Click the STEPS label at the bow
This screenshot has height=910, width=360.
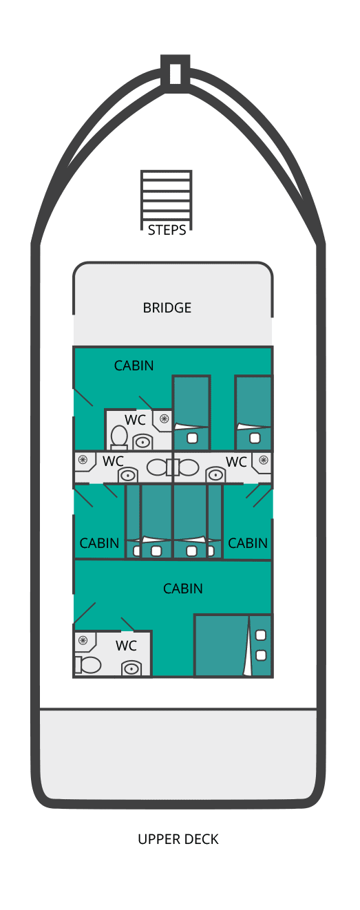(x=167, y=230)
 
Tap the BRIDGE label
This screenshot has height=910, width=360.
(x=167, y=308)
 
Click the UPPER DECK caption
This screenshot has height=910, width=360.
(x=178, y=839)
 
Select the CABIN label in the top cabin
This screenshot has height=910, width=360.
(x=134, y=366)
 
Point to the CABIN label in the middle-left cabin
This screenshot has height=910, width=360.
(x=99, y=542)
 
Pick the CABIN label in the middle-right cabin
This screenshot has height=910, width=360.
(x=247, y=542)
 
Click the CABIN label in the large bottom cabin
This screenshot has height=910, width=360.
(x=183, y=589)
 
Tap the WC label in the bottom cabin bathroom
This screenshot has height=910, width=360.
(x=126, y=645)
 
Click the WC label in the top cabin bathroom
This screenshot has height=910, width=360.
(x=135, y=420)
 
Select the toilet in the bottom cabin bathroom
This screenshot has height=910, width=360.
(x=88, y=665)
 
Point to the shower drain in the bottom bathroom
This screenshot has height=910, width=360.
(x=83, y=641)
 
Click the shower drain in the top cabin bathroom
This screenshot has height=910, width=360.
(x=164, y=419)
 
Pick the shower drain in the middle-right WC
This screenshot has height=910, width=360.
(x=264, y=460)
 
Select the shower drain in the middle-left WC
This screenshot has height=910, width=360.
(x=83, y=459)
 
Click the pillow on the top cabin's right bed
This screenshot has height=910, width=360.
(x=255, y=438)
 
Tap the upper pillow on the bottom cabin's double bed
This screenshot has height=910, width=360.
(x=261, y=635)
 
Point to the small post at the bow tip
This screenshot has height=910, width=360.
(x=175, y=73)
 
